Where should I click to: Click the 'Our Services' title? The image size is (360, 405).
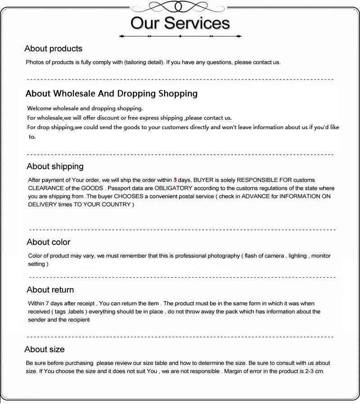(180, 23)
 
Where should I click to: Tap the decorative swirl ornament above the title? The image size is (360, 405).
(180, 7)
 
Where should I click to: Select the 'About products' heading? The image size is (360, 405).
(54, 49)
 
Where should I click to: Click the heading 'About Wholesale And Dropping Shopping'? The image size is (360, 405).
(112, 94)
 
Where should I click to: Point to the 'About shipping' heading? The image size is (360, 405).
(55, 166)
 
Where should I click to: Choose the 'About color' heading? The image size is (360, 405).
(49, 242)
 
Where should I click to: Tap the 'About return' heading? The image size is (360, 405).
(50, 290)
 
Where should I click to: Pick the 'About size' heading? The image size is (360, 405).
(45, 349)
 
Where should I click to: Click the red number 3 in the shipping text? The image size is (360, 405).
(175, 180)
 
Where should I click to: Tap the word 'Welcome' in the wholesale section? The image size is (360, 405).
(39, 108)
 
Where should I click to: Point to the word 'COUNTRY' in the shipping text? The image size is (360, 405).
(116, 204)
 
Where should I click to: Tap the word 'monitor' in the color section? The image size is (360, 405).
(321, 256)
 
